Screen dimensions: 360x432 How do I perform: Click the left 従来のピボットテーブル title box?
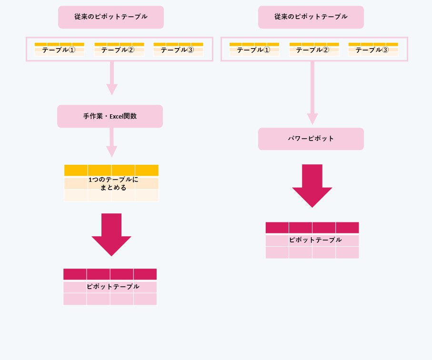(x=111, y=17)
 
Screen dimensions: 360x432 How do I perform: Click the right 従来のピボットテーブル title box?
(x=311, y=17)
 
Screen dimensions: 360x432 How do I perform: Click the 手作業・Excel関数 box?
(x=110, y=116)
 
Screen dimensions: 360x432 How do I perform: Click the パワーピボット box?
(x=311, y=139)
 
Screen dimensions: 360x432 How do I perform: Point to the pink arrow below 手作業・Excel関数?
(x=111, y=143)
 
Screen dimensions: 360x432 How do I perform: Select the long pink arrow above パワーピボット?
(x=312, y=93)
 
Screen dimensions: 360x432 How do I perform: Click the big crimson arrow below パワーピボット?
(x=312, y=186)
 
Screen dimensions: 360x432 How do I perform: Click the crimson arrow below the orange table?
(x=111, y=235)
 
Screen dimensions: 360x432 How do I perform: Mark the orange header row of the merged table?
(x=111, y=170)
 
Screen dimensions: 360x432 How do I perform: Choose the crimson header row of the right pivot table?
(x=312, y=228)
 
